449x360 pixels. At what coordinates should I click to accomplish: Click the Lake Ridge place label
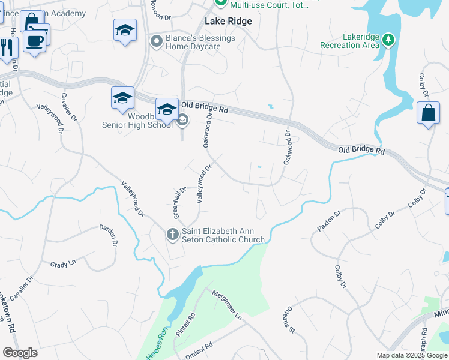[228, 21]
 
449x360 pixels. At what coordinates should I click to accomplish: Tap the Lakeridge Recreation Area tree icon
[389, 40]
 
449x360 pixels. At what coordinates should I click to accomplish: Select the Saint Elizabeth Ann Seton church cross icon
[172, 234]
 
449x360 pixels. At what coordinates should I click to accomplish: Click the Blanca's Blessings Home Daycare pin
[157, 41]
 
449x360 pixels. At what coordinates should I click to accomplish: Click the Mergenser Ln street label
[226, 305]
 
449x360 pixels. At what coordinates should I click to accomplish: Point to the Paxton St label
[324, 221]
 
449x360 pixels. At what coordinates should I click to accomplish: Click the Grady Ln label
[63, 263]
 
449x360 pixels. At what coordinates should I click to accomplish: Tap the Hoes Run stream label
[155, 351]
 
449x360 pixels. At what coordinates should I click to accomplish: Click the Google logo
[20, 352]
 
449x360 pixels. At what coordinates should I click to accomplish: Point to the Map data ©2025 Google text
[412, 355]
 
